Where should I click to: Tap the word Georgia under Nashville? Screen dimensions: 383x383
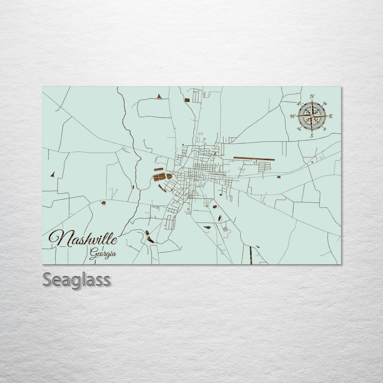click(x=103, y=254)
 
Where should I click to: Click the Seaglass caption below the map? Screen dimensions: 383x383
click(x=76, y=280)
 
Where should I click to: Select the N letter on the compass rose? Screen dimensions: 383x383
click(x=312, y=96)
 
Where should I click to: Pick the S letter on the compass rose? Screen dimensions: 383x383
click(x=312, y=136)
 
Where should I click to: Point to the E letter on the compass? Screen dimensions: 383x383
click(x=331, y=116)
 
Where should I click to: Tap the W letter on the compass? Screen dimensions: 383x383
click(x=293, y=116)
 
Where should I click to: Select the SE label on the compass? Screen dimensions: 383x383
click(x=325, y=129)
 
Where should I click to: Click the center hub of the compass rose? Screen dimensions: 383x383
click(x=312, y=116)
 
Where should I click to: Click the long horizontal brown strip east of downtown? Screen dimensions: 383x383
click(x=254, y=159)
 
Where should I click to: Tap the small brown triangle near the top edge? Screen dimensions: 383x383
click(x=159, y=96)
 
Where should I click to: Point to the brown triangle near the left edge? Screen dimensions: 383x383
click(x=52, y=174)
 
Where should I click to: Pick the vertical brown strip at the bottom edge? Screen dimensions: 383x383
click(x=251, y=256)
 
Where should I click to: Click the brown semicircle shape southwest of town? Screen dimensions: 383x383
click(x=103, y=203)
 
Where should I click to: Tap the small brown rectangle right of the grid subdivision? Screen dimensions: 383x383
click(x=279, y=177)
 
